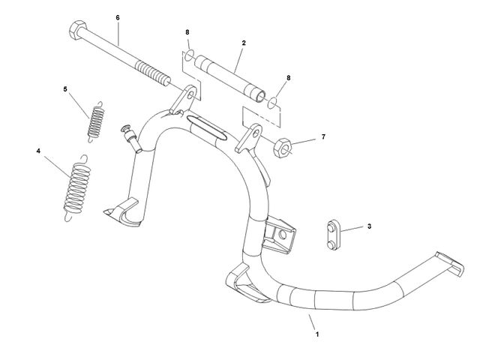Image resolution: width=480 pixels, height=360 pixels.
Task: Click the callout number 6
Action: click(x=118, y=18)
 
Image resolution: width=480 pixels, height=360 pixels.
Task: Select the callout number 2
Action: click(x=244, y=43)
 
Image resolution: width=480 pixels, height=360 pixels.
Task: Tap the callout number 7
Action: click(x=323, y=136)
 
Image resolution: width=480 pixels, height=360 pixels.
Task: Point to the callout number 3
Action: click(x=370, y=226)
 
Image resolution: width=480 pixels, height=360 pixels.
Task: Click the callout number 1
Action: click(x=317, y=334)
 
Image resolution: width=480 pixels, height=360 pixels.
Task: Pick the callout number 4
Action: click(x=38, y=151)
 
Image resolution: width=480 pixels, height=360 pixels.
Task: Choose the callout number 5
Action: click(x=65, y=89)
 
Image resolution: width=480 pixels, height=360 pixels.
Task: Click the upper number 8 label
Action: click(x=187, y=32)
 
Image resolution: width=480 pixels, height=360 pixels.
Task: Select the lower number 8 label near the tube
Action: click(x=288, y=78)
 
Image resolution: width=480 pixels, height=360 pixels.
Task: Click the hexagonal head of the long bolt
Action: click(x=78, y=30)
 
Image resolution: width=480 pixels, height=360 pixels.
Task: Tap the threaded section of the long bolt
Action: click(x=153, y=73)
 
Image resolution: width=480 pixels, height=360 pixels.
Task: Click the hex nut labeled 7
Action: click(x=282, y=148)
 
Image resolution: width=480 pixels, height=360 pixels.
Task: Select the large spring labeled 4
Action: click(x=76, y=188)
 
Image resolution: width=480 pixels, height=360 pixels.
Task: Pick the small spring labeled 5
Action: click(x=96, y=122)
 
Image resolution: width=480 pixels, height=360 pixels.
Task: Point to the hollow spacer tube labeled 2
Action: click(x=229, y=78)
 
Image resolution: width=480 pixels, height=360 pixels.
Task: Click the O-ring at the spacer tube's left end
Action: click(x=190, y=55)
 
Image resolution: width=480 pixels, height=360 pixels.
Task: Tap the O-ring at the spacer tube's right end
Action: click(x=272, y=103)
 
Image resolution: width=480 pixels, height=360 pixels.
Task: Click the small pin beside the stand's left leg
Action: click(x=131, y=138)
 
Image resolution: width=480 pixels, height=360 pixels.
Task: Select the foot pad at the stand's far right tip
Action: click(x=450, y=263)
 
